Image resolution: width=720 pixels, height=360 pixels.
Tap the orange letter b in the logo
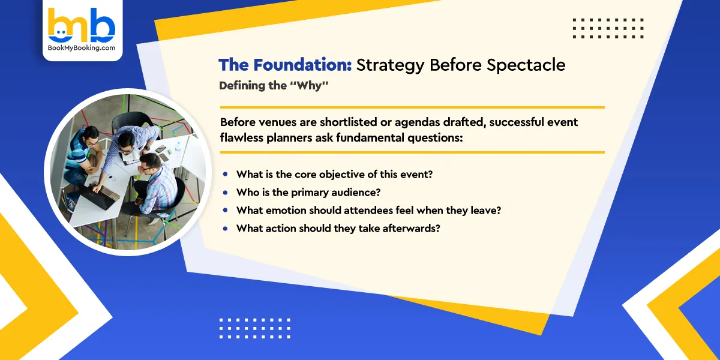(x=59, y=25)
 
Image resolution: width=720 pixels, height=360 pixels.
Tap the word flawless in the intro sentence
(x=242, y=137)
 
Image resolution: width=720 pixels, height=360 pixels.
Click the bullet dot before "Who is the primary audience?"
(x=226, y=193)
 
